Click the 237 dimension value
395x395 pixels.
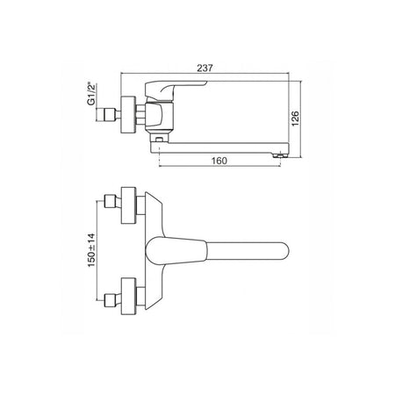[x=205, y=68]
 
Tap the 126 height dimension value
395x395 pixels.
[x=295, y=118]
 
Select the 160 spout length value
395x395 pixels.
[x=219, y=161]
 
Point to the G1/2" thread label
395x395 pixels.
[x=91, y=94]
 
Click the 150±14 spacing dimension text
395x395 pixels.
[x=91, y=250]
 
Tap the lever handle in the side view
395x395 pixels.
[x=175, y=89]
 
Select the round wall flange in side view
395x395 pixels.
[x=128, y=115]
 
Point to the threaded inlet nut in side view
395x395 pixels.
[x=109, y=115]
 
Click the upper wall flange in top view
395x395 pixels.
[x=129, y=205]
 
